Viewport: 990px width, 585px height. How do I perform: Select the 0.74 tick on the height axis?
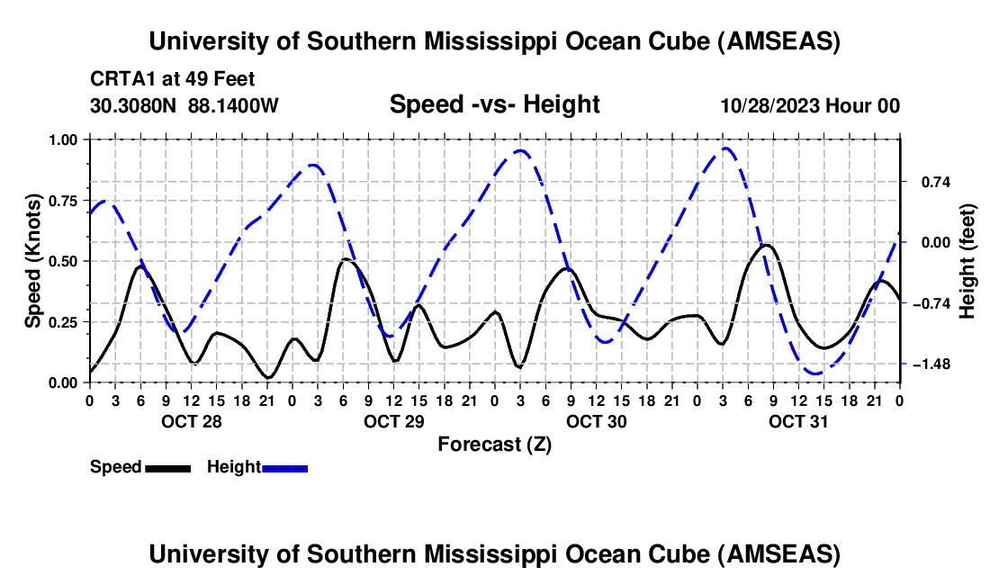(x=927, y=182)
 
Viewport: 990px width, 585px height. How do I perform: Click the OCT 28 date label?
(x=191, y=420)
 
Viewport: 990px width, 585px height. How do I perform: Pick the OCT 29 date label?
(x=393, y=420)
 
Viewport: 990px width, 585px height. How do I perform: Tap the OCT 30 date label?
(x=596, y=420)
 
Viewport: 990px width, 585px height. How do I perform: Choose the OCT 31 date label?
(x=798, y=420)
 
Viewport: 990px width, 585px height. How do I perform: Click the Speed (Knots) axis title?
(x=33, y=261)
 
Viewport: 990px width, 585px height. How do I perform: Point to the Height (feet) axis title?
(x=967, y=261)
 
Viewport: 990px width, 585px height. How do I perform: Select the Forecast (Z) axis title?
(x=494, y=444)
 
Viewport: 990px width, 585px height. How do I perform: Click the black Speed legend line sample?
(x=168, y=467)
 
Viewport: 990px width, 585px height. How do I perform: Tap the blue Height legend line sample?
(x=285, y=467)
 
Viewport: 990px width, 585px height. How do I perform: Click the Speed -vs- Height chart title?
(x=494, y=104)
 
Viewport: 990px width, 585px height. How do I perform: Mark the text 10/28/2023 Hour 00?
(x=809, y=105)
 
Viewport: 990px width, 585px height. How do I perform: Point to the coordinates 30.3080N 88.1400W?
(x=184, y=105)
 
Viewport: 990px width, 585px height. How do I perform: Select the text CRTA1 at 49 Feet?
(x=173, y=79)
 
